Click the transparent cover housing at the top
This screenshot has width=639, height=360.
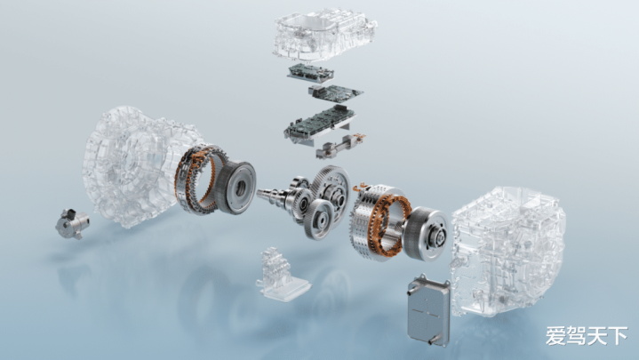[324, 35]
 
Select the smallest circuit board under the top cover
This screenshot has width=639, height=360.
[310, 72]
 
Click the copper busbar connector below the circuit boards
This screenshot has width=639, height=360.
[339, 146]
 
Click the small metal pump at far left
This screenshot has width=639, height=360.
[73, 223]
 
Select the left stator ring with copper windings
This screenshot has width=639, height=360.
[198, 179]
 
